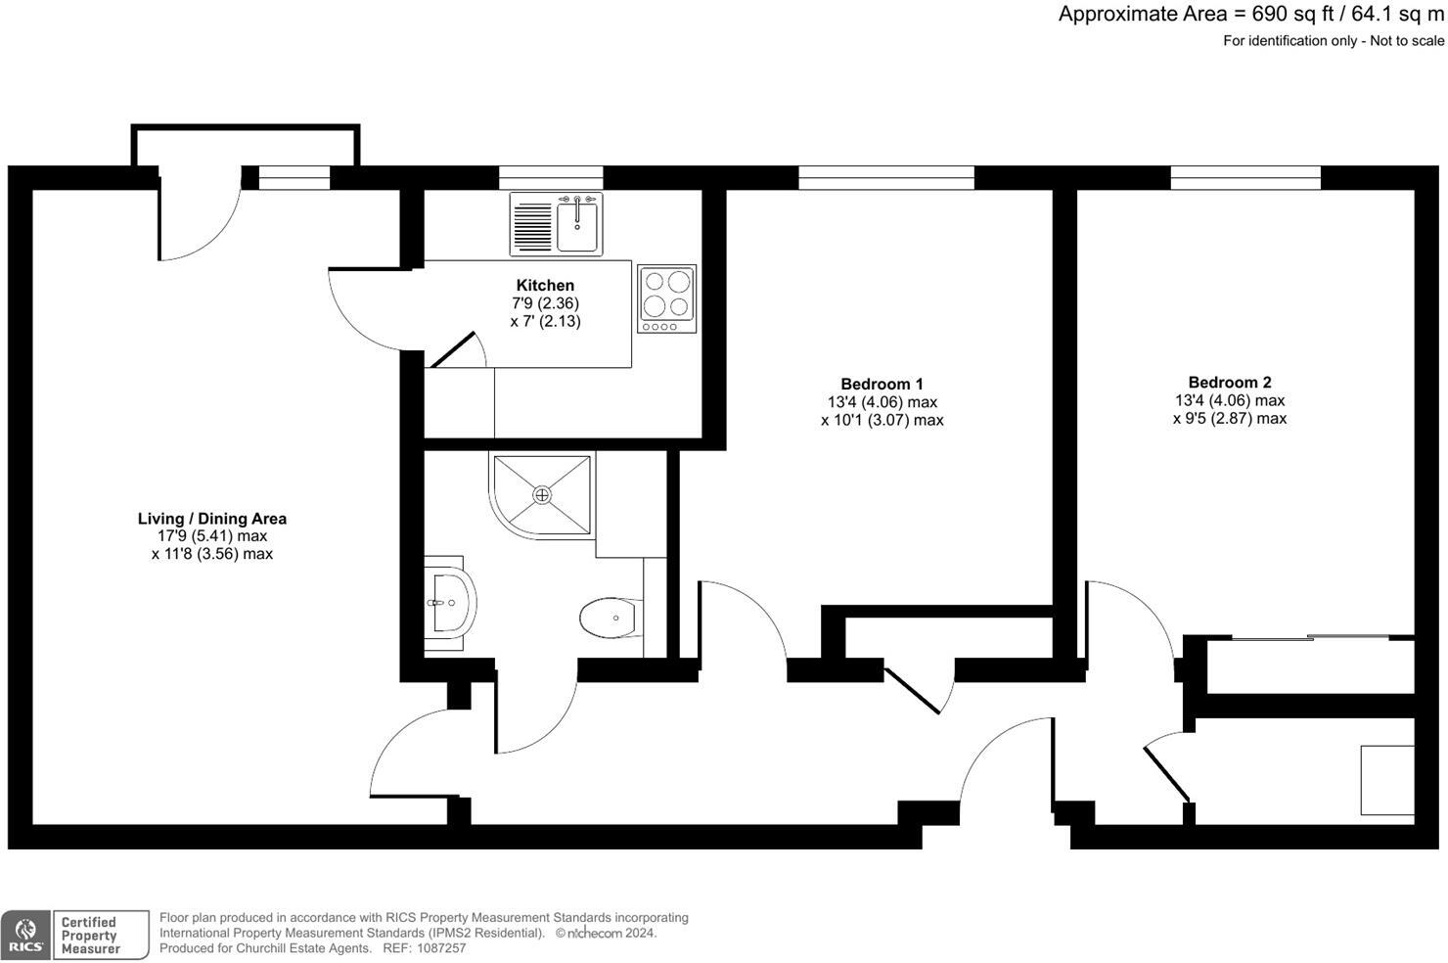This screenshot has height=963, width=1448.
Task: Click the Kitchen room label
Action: [545, 285]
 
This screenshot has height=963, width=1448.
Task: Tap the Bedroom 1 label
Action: [882, 384]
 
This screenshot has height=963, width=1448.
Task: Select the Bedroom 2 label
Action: [1229, 382]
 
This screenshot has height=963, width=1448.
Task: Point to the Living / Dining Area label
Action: [211, 519]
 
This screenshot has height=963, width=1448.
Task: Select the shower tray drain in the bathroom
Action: [542, 495]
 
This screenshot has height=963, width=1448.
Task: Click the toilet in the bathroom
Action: [610, 618]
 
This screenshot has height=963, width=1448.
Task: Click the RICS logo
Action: [26, 935]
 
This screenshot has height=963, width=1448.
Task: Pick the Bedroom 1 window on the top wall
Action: [886, 177]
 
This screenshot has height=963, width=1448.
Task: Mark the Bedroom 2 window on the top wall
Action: [1245, 177]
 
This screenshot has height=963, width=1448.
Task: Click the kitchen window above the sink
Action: [551, 177]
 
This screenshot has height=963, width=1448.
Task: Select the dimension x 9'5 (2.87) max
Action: [1229, 418]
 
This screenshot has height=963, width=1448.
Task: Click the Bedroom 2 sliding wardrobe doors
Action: [1311, 638]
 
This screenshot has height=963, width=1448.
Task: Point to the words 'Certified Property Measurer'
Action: [91, 935]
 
